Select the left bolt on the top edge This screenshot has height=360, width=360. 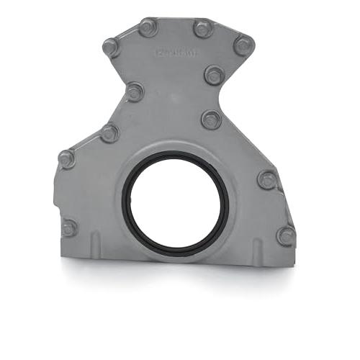(x=148, y=28)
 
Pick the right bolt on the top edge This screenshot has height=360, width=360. (x=203, y=29)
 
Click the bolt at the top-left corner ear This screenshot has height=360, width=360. (x=111, y=48)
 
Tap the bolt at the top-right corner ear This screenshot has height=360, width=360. (x=243, y=45)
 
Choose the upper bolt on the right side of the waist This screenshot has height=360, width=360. (x=214, y=74)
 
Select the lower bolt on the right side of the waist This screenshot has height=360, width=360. (x=211, y=119)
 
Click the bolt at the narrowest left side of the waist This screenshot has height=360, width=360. (x=135, y=92)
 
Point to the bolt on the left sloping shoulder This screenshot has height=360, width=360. (x=109, y=132)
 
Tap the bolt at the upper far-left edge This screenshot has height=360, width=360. (x=66, y=158)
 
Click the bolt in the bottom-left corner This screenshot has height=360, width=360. (x=69, y=228)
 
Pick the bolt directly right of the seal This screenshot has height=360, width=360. (x=267, y=179)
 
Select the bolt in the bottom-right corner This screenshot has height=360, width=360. (x=286, y=235)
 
